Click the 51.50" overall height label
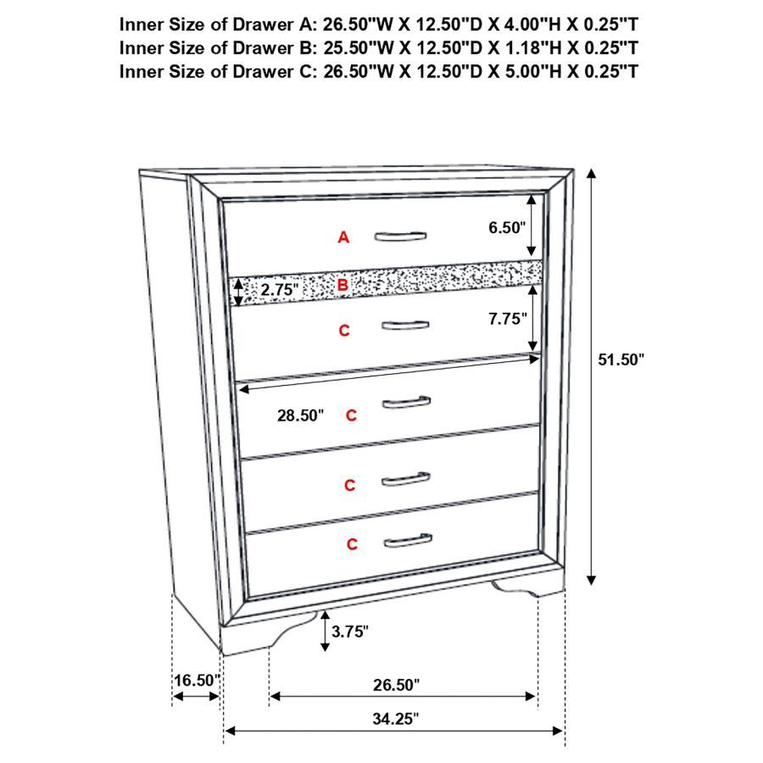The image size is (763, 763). (621, 359)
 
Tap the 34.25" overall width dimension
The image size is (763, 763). (395, 719)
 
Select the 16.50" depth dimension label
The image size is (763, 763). (196, 680)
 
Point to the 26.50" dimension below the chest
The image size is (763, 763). (395, 684)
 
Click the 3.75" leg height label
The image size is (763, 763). (350, 631)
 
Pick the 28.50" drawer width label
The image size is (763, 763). (300, 415)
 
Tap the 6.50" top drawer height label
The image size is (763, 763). (507, 226)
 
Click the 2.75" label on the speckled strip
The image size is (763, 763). (281, 289)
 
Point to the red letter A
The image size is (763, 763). (343, 237)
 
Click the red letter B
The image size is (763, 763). (343, 285)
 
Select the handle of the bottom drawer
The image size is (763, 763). (406, 540)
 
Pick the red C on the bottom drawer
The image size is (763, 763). (352, 544)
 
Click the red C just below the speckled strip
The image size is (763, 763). (344, 331)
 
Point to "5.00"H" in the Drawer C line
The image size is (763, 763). (519, 70)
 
